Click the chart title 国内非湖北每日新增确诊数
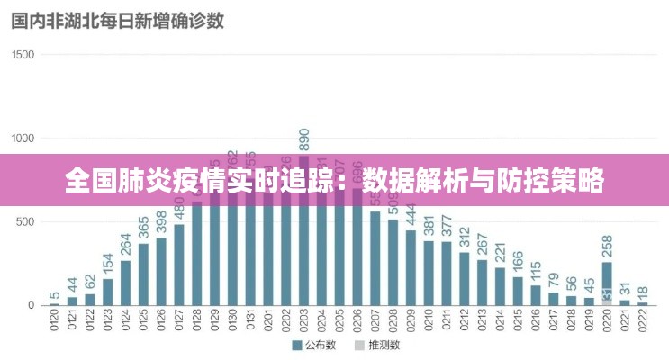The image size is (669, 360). click(117, 21)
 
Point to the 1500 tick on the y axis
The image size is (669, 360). click(23, 55)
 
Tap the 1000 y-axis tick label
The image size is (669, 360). click(23, 139)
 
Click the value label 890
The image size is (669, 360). click(304, 140)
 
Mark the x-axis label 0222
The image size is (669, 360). click(642, 321)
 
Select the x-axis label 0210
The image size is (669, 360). click(429, 321)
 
